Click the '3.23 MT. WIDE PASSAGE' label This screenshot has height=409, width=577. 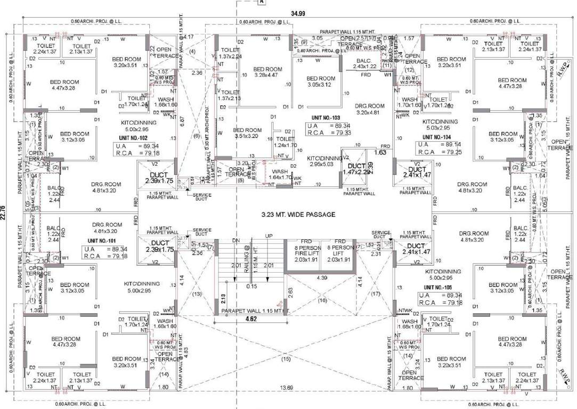point(298,215)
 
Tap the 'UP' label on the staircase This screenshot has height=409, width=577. point(269,236)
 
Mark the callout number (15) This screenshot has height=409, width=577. point(287,358)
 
